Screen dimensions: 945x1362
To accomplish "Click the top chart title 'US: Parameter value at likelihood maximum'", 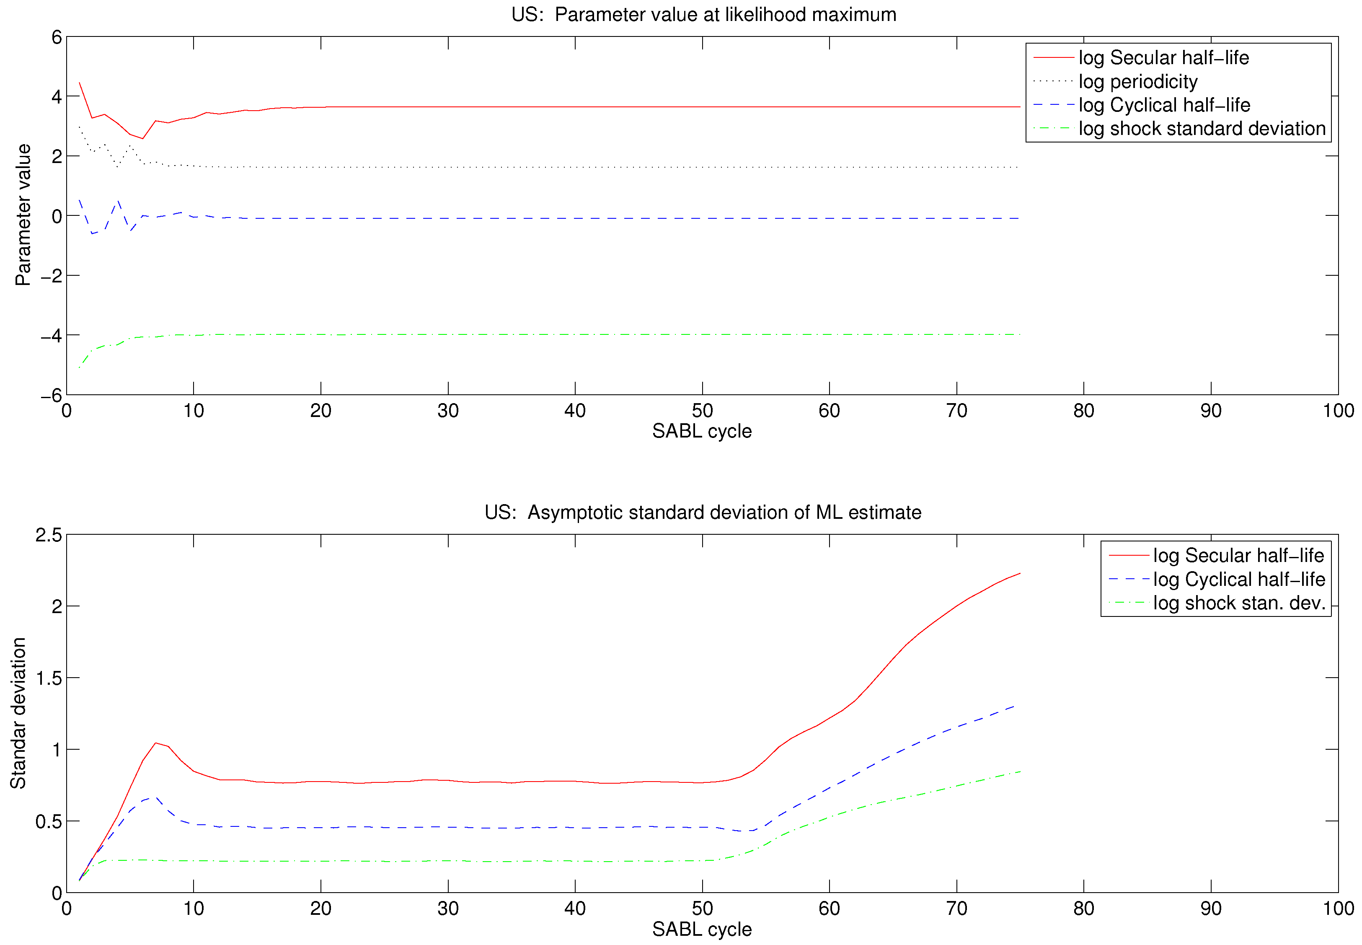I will [703, 14].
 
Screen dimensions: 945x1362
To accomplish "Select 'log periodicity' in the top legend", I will [1138, 81].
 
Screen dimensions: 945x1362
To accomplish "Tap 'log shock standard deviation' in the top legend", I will [1202, 129].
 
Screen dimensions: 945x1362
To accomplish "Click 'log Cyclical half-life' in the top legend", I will [1164, 105].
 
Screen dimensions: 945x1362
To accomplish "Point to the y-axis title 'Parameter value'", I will [23, 215].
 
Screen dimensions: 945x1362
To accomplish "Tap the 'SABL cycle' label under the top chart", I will [702, 431].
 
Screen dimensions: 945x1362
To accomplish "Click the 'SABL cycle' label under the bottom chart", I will [702, 929].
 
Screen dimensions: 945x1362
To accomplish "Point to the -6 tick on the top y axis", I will [51, 396].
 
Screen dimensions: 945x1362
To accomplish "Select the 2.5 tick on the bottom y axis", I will [49, 535].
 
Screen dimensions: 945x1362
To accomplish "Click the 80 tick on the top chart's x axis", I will [1083, 411].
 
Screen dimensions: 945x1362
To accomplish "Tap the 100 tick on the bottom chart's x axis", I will [1338, 909].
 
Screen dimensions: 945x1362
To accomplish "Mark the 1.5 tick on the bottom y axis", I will [49, 678].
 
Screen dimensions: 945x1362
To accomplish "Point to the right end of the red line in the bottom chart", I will [1020, 573].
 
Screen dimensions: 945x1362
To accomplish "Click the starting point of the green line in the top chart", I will [79, 368].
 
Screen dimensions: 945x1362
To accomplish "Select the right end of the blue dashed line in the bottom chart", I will [1015, 706].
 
